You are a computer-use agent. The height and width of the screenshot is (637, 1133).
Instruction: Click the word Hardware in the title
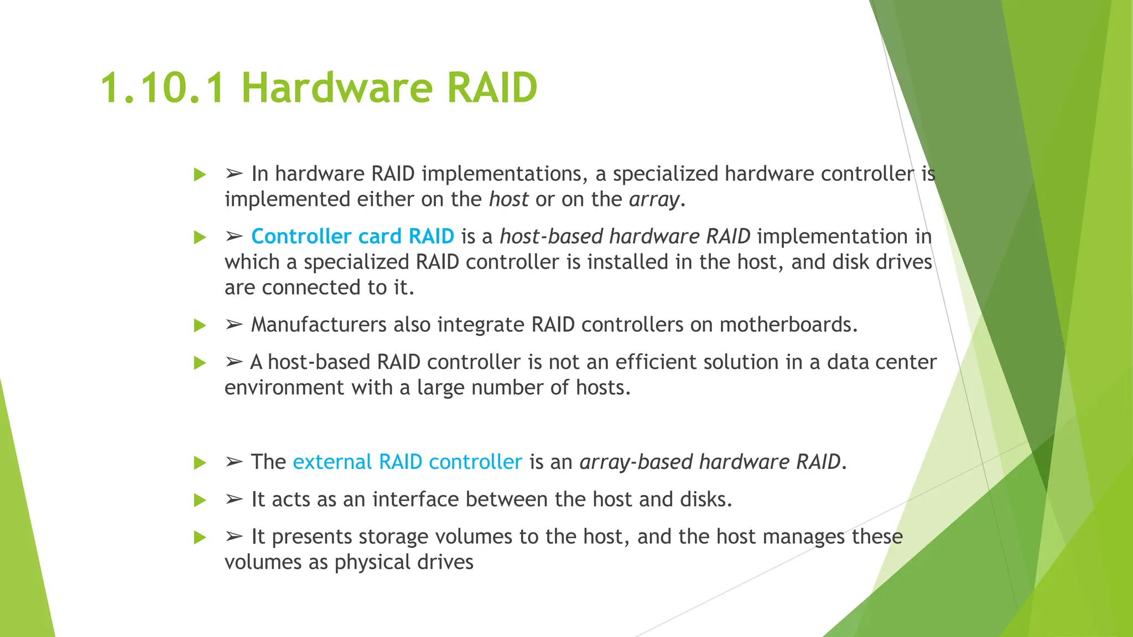click(336, 88)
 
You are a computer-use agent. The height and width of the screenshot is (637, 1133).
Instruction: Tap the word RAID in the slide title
click(492, 88)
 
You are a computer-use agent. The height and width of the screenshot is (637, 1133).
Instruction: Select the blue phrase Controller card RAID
click(352, 237)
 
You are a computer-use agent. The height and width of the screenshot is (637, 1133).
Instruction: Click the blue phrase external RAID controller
click(407, 462)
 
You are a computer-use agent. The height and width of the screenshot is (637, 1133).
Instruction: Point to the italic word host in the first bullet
click(508, 200)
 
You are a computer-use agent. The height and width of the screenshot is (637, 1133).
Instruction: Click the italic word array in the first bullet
click(654, 200)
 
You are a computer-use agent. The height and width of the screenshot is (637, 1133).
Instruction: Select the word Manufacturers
click(319, 325)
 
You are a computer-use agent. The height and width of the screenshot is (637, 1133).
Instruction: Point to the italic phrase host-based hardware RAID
click(625, 237)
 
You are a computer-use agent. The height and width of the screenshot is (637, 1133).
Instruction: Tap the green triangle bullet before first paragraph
click(200, 175)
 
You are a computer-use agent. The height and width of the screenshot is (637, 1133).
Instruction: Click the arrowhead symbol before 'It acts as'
click(234, 499)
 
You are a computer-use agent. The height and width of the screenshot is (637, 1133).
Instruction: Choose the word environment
click(284, 388)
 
